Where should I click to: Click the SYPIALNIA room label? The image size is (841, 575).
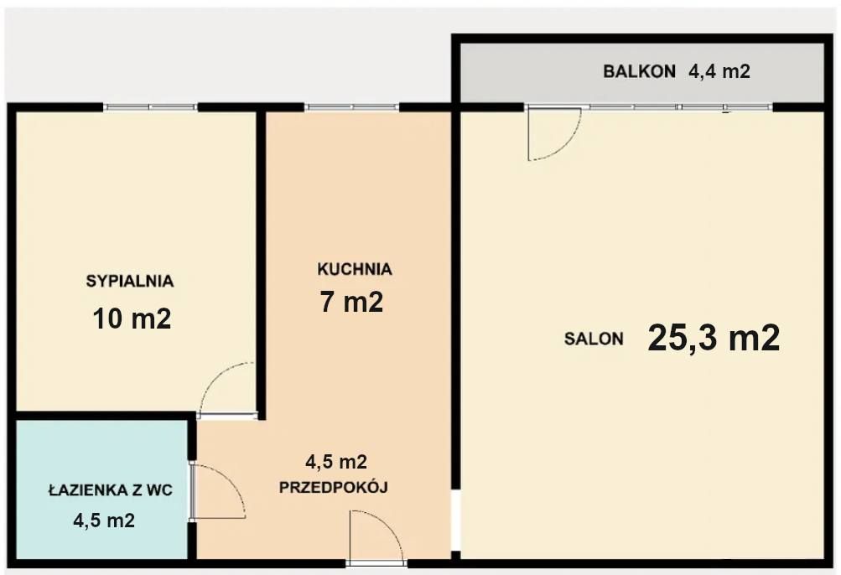point(129,282)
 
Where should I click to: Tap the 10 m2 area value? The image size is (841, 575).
point(132,319)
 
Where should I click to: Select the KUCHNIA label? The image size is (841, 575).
point(355,269)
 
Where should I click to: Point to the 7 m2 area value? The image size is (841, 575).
point(351,302)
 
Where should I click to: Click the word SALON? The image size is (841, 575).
point(594,339)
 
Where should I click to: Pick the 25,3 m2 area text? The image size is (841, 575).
point(714,338)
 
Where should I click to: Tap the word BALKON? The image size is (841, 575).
point(639,72)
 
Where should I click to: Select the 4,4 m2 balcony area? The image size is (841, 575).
point(719,72)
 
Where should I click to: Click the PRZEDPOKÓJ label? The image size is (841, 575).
point(333,487)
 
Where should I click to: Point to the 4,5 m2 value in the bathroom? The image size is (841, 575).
point(104,521)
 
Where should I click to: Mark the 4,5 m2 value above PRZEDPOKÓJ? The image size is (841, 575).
point(335,461)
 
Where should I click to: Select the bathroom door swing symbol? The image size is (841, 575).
point(217,492)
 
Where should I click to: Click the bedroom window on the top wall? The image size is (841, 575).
point(150,107)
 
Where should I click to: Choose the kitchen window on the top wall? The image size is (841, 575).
point(352,107)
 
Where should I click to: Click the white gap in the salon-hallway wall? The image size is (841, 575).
point(455,521)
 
